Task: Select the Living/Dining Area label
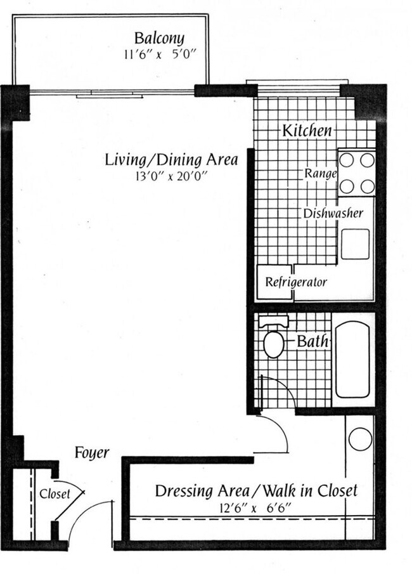tap(171, 160)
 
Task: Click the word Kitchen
tap(307, 131)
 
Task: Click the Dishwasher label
tap(333, 212)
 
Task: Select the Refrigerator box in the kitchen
tap(295, 282)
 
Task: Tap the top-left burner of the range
tap(347, 160)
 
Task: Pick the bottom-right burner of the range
tap(367, 186)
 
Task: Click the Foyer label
tap(93, 453)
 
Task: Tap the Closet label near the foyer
tap(55, 495)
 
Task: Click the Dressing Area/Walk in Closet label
tap(256, 490)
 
